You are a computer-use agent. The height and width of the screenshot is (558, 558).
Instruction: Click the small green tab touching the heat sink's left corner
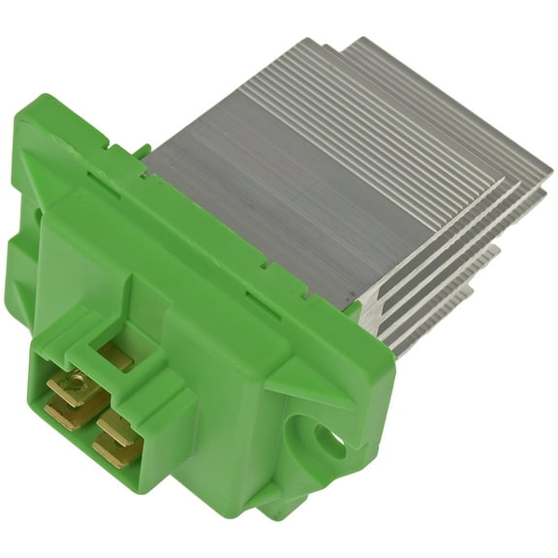pyautogui.click(x=143, y=151)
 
